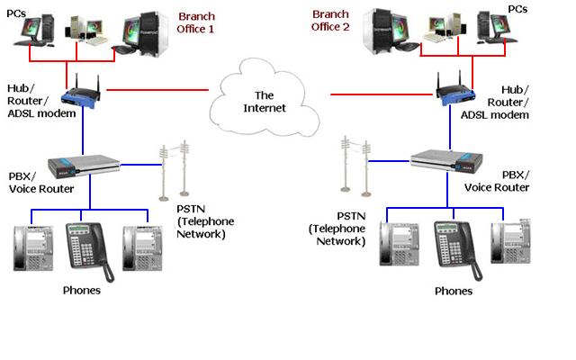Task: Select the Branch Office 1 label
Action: point(197,23)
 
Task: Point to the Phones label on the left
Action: point(81,291)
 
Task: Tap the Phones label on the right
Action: point(453,292)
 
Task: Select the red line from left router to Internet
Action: point(157,90)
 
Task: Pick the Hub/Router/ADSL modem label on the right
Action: point(526,103)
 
